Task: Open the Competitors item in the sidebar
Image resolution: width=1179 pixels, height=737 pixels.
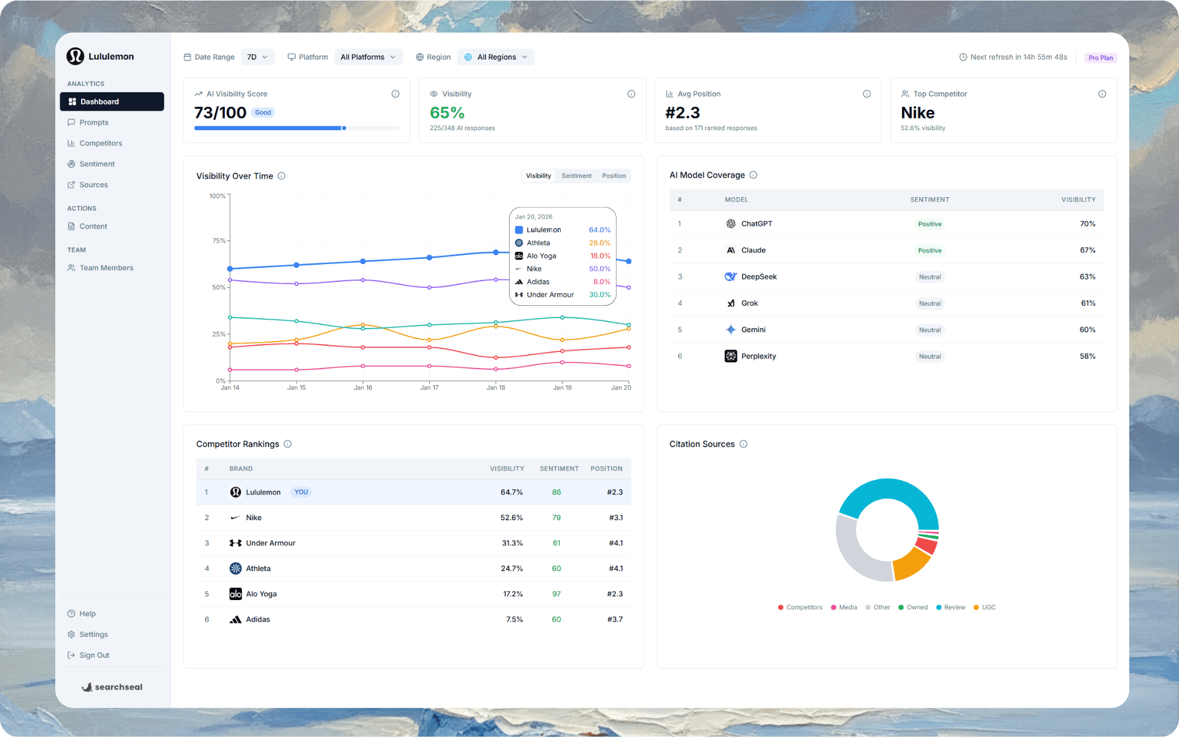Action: tap(100, 143)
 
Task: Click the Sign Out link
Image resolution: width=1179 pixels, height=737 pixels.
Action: tap(94, 655)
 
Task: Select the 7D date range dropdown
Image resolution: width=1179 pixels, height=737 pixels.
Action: tap(257, 57)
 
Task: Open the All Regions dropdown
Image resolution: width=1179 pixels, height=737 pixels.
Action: tap(496, 57)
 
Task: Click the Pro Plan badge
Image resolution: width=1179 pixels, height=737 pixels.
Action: tap(1100, 58)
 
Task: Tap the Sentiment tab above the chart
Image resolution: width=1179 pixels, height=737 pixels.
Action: tap(576, 176)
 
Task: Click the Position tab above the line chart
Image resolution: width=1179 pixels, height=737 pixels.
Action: tap(613, 176)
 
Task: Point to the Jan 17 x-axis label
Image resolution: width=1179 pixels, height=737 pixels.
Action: tap(429, 388)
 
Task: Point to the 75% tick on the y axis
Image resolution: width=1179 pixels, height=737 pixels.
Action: tap(219, 241)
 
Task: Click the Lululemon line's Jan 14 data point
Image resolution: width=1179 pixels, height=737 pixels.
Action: tap(230, 269)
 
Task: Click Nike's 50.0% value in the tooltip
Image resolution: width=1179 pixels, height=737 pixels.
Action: tap(599, 269)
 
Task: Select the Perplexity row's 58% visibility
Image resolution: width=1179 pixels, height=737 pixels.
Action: tap(1087, 356)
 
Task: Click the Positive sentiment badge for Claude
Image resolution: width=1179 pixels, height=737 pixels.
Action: tap(929, 251)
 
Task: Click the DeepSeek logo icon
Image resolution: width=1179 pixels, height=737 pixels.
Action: tap(730, 277)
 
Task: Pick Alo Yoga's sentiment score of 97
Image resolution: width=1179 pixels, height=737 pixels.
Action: tap(556, 594)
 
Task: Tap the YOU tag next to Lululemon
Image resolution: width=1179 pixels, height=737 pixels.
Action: tap(301, 492)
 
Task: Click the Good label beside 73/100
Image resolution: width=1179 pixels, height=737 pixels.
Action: tap(263, 112)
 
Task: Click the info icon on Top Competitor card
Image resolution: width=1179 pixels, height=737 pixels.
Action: tap(1102, 94)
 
